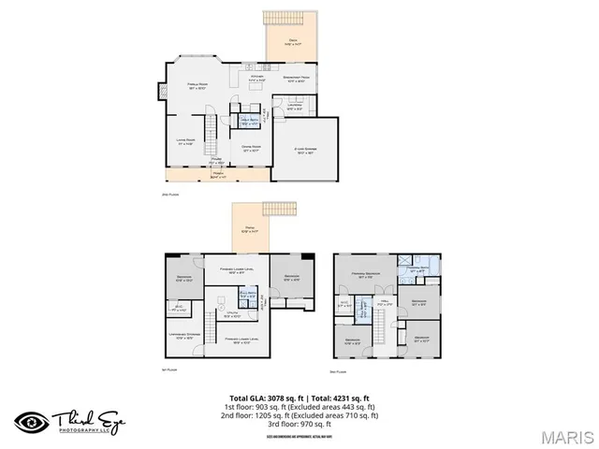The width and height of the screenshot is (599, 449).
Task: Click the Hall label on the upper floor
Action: coord(383,304)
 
